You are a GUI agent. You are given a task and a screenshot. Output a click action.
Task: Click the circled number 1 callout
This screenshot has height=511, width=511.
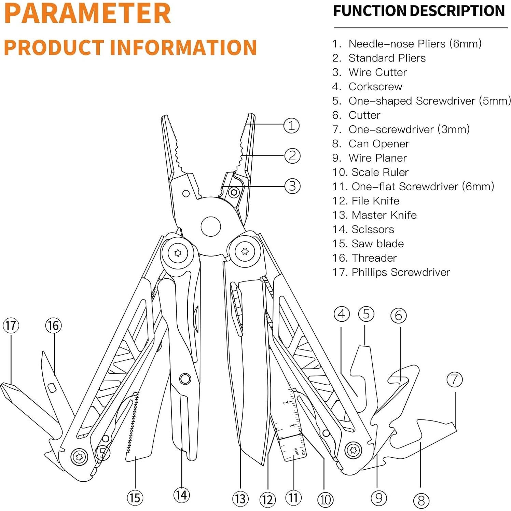(291, 126)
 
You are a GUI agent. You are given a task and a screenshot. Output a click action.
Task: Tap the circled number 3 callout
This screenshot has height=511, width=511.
(292, 186)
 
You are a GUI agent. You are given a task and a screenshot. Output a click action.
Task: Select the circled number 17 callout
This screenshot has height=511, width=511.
(11, 326)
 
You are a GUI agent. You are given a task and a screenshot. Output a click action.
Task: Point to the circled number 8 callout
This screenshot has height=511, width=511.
(421, 500)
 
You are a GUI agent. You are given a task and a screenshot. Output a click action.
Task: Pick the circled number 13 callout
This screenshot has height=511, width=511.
(240, 499)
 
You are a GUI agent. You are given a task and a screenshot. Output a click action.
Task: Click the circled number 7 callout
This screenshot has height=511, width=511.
(455, 379)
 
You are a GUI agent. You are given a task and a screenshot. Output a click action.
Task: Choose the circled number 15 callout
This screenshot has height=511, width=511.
(135, 498)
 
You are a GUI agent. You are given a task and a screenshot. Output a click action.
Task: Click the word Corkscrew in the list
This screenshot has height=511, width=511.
(375, 87)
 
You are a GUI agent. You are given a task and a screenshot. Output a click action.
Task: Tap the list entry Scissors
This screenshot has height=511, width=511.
(373, 230)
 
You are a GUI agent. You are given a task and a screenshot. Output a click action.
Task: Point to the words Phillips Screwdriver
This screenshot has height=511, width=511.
(401, 272)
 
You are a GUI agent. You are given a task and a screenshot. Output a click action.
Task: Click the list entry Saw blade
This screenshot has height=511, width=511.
(377, 244)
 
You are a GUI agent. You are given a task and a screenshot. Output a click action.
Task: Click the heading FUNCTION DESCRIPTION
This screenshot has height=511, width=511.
(419, 11)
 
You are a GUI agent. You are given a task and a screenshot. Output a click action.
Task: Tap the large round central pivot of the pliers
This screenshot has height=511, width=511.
(211, 226)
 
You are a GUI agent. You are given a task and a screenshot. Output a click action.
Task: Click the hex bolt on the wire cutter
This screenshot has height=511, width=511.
(234, 192)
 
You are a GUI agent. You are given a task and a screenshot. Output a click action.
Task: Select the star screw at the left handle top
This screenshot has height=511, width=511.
(178, 253)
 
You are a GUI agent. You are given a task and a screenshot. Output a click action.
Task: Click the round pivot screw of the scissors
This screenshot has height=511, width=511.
(185, 378)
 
